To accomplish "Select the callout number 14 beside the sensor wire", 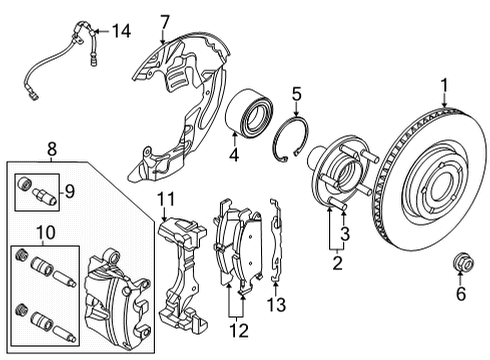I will coord(121,31).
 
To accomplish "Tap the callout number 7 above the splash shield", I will coord(166,21).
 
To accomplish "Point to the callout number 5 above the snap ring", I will coord(296,96).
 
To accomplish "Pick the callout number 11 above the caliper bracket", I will coord(165,198).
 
